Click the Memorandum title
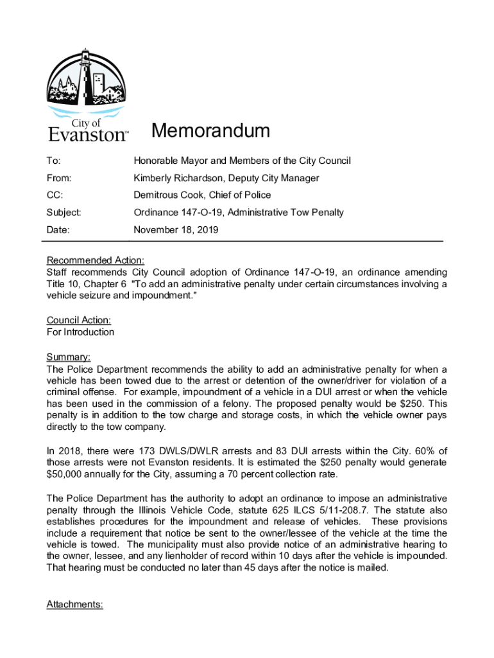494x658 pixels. [x=210, y=132]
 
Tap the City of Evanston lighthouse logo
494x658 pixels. [x=88, y=94]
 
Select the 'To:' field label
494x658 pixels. [x=54, y=161]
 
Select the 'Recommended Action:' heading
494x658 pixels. [x=96, y=260]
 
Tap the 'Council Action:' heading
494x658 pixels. [x=79, y=320]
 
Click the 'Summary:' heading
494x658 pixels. [x=69, y=357]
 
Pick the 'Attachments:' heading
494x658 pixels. [x=75, y=604]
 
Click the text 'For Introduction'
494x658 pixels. [x=81, y=332]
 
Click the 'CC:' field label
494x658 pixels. [x=55, y=195]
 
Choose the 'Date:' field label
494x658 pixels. [x=58, y=229]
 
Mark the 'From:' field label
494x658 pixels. [x=59, y=178]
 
